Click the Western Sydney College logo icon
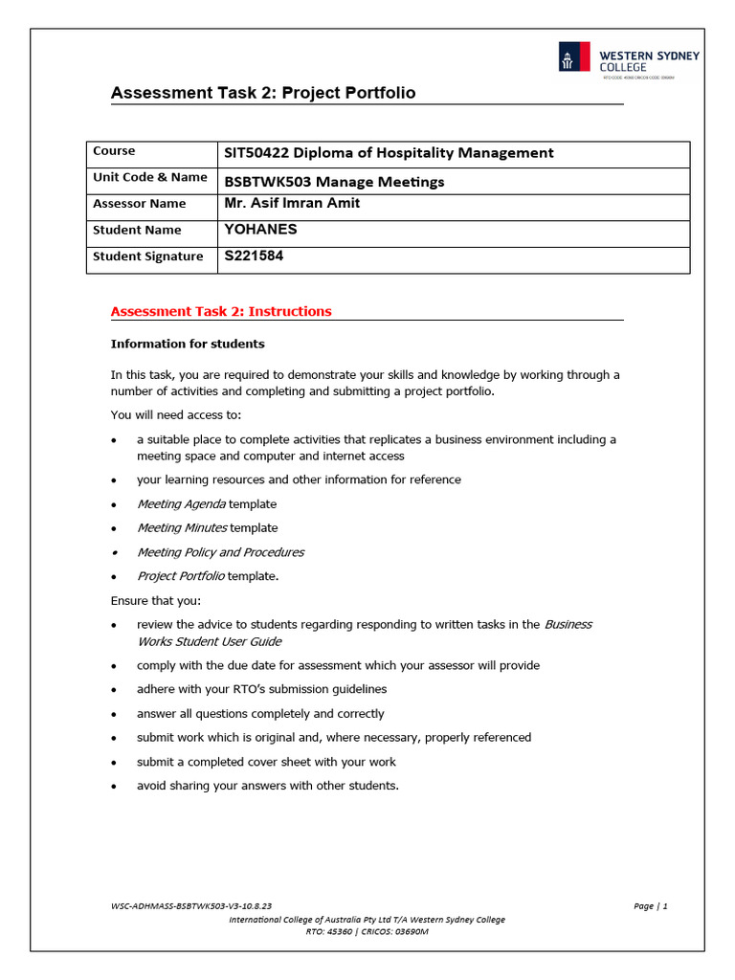(x=573, y=57)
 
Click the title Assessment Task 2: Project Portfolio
(x=263, y=93)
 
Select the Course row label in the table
(x=114, y=151)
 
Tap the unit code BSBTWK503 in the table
(x=259, y=181)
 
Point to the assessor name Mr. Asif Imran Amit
(x=292, y=203)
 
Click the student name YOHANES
(x=260, y=230)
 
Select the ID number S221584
(x=254, y=256)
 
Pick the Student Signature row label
(x=147, y=256)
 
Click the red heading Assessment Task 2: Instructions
(x=221, y=311)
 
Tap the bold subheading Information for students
(x=188, y=344)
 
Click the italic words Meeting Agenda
(x=182, y=503)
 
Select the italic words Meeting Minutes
(x=182, y=527)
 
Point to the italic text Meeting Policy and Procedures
(x=220, y=552)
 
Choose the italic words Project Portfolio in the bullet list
(x=181, y=576)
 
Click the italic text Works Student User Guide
(x=210, y=641)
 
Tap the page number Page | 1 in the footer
(x=650, y=905)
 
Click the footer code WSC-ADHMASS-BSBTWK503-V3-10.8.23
(x=191, y=905)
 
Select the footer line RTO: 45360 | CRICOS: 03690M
(x=367, y=931)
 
